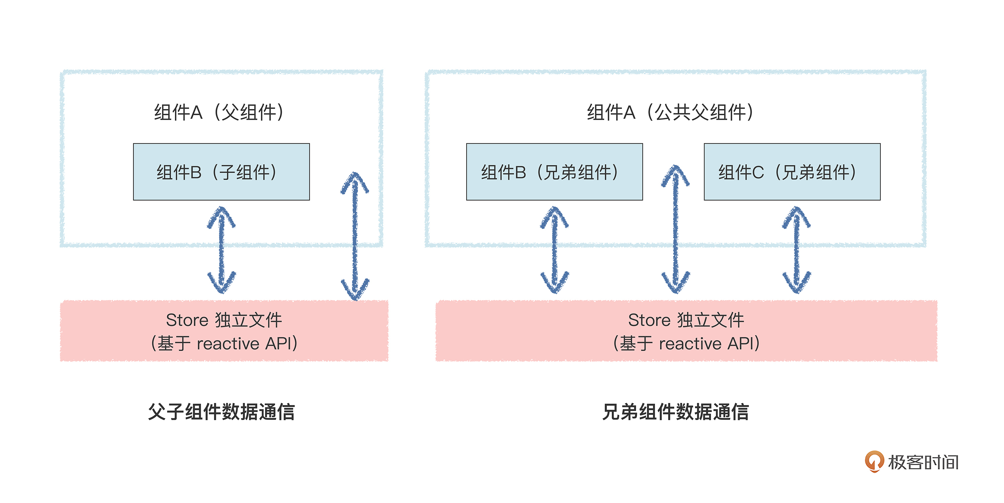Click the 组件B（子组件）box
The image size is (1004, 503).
(x=221, y=172)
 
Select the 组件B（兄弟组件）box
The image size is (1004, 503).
(x=554, y=172)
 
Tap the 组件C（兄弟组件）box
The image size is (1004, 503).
(x=792, y=172)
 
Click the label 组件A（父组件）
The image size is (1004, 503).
(x=219, y=112)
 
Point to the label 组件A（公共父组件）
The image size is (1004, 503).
(x=670, y=112)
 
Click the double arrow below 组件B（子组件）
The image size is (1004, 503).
(x=221, y=250)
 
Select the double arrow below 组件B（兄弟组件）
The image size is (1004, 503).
(x=555, y=250)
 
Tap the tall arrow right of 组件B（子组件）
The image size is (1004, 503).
(x=355, y=236)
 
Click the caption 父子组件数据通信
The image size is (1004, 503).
(x=221, y=412)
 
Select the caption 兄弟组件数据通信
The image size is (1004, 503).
(x=675, y=412)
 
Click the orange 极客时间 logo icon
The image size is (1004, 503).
(x=874, y=461)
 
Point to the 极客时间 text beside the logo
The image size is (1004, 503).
(x=923, y=462)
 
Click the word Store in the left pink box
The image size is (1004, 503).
(x=187, y=320)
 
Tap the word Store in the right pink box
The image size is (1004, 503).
(x=649, y=320)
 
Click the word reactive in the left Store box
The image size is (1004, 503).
(x=228, y=344)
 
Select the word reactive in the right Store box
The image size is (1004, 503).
(x=690, y=344)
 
